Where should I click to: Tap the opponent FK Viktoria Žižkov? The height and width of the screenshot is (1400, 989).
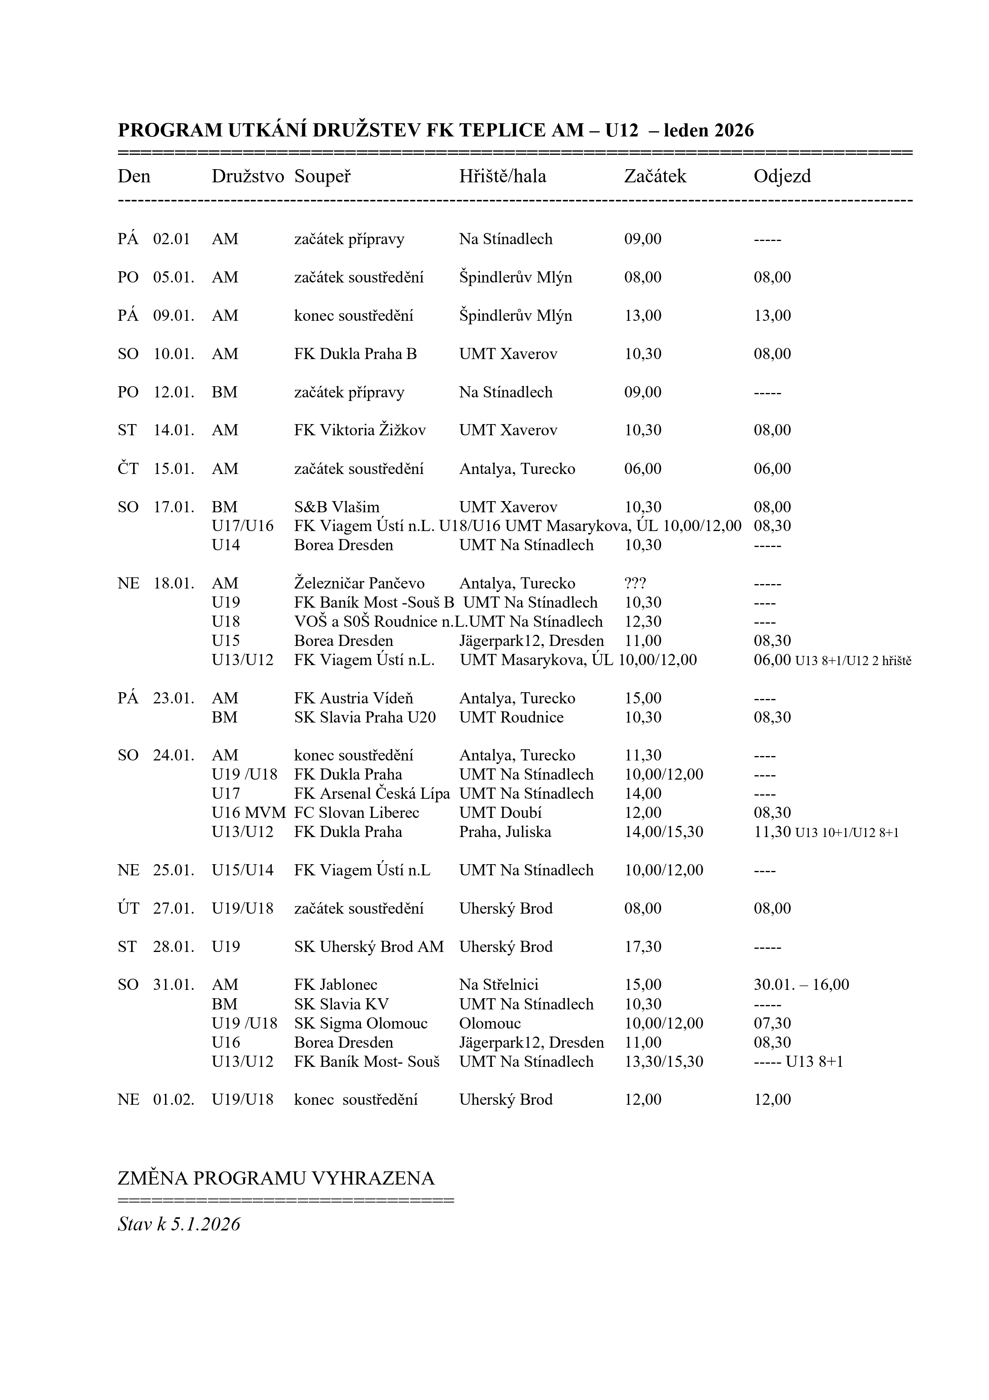tap(360, 430)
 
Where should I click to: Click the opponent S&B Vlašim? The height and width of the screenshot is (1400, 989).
tap(336, 507)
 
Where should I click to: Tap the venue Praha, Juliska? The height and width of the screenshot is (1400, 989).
tap(505, 832)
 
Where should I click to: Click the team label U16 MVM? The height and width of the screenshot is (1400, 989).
tap(248, 813)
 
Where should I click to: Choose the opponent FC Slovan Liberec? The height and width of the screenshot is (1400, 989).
tap(356, 813)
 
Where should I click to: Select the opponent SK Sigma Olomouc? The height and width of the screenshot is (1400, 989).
tap(361, 1023)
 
